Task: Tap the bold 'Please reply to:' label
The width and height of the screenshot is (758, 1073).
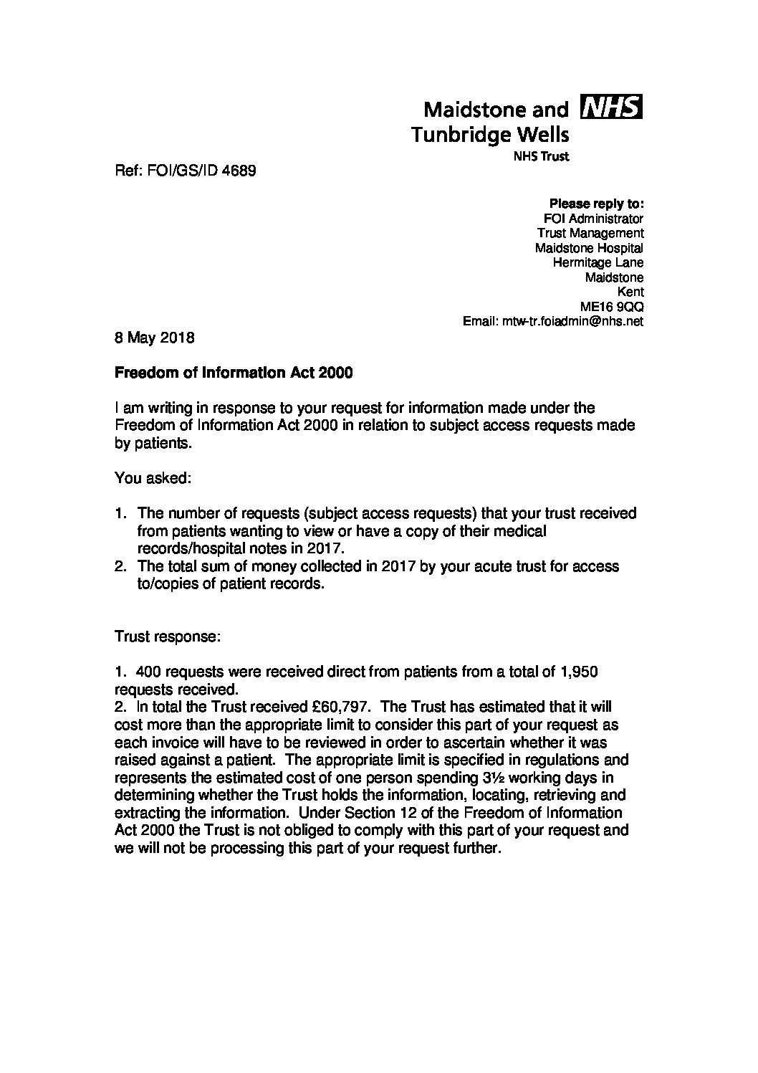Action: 596,203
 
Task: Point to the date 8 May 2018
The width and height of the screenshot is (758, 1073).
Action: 154,337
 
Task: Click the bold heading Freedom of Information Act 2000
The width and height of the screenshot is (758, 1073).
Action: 234,373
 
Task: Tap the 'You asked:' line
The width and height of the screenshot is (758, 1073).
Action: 153,478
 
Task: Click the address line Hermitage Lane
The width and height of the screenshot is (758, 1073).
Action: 598,262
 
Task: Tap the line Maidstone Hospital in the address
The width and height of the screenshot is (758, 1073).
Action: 589,248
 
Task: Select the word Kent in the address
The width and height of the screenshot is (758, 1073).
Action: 630,292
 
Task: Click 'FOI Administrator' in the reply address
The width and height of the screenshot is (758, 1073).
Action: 594,218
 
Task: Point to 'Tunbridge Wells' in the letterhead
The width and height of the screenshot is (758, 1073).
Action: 490,134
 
